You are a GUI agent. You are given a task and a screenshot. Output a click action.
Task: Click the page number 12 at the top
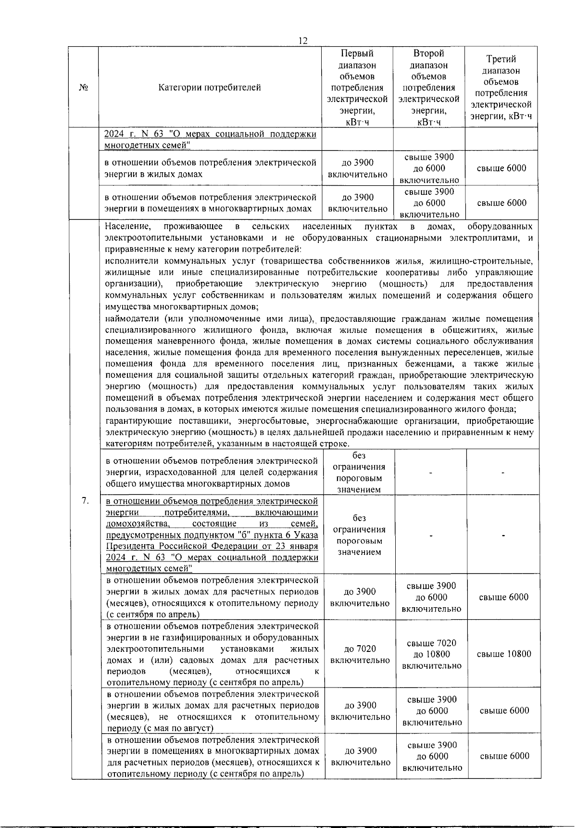point(303,41)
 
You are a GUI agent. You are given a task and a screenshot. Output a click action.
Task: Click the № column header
point(84,88)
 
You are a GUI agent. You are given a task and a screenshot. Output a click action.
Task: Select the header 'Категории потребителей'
point(210,88)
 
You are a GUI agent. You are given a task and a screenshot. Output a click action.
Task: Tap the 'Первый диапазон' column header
point(357,88)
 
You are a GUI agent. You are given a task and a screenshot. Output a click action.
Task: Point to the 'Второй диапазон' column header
point(428,88)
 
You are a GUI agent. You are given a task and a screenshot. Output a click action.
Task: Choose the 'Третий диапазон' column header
point(501,88)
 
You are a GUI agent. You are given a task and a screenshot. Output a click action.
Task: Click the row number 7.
point(85,501)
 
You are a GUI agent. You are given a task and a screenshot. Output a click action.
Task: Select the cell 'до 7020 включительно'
point(360,654)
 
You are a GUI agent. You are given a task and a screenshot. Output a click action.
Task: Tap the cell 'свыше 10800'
point(504,654)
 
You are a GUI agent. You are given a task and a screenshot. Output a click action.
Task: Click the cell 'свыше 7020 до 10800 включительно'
point(431,654)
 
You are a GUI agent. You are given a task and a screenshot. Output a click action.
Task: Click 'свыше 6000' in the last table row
point(504,756)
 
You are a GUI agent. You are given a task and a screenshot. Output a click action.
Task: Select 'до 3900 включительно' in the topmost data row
point(357,168)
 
